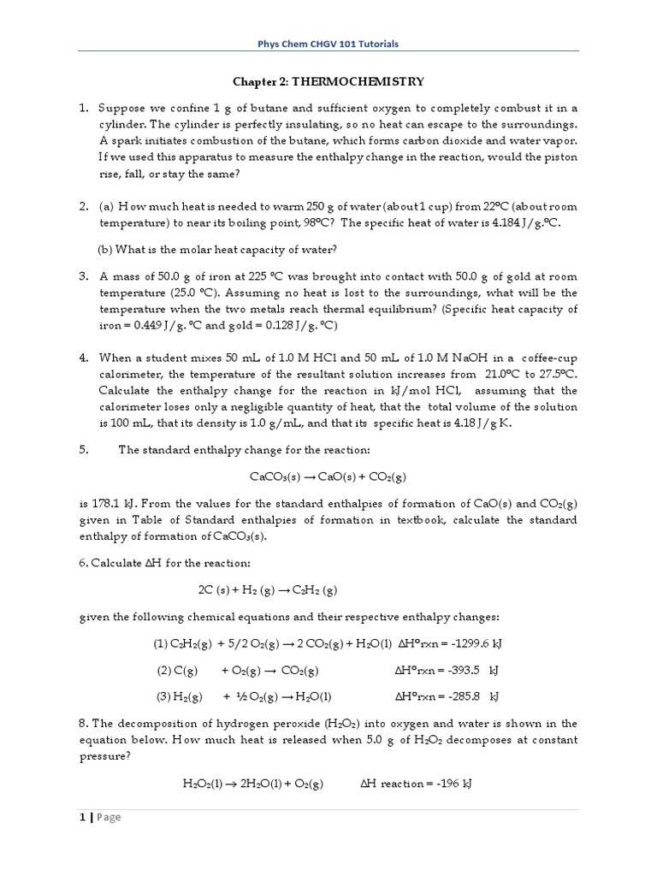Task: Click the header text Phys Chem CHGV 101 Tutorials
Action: click(x=328, y=43)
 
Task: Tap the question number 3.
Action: click(x=84, y=277)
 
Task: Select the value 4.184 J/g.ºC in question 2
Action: click(x=517, y=223)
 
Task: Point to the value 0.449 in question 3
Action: click(x=149, y=326)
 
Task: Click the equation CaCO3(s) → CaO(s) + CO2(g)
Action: click(x=328, y=476)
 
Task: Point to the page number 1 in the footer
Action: click(x=82, y=817)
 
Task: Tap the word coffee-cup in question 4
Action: click(x=547, y=358)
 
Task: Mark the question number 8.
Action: click(x=84, y=725)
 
